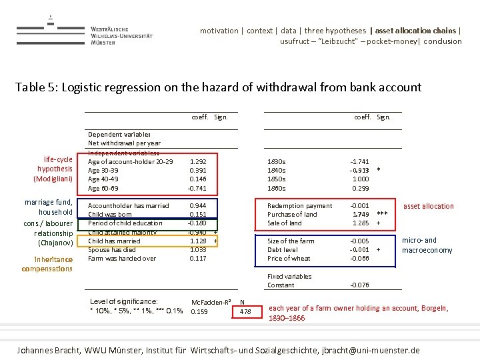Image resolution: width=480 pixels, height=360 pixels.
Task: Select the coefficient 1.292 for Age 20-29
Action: pyautogui.click(x=198, y=161)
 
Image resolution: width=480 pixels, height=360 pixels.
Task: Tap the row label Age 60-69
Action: pyautogui.click(x=103, y=188)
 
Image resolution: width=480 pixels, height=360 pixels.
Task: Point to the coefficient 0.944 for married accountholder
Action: pyautogui.click(x=198, y=206)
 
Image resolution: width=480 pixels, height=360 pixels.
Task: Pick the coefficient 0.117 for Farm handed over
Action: pyautogui.click(x=198, y=258)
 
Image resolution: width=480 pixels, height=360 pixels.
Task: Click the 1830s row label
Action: pyautogui.click(x=276, y=161)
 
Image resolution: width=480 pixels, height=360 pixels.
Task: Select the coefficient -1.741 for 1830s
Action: pyautogui.click(x=359, y=161)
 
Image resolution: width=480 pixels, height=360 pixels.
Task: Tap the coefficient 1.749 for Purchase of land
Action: pyautogui.click(x=361, y=215)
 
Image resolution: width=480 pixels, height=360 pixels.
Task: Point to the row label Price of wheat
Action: pyautogui.click(x=288, y=258)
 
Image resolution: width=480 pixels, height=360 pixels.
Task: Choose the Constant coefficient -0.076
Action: pyautogui.click(x=359, y=285)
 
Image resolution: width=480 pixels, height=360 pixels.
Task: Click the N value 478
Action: pyautogui.click(x=245, y=311)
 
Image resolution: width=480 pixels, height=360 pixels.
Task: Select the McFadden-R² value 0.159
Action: pyautogui.click(x=199, y=311)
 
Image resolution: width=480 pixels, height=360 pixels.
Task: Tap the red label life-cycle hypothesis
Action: pyautogui.click(x=58, y=169)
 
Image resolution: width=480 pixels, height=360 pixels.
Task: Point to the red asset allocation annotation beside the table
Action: pyautogui.click(x=429, y=206)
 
